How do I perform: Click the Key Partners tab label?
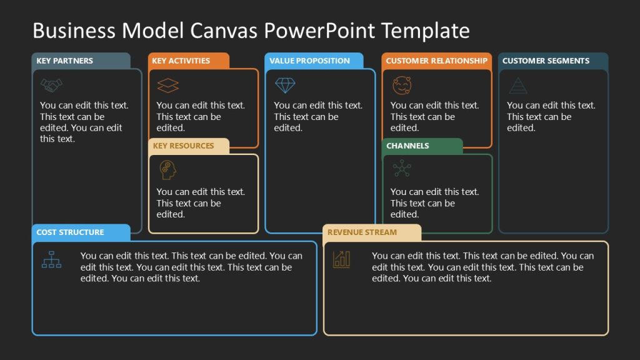point(65,61)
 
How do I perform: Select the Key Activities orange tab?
point(181,61)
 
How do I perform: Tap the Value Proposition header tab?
point(310,61)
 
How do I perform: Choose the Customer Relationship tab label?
point(436,61)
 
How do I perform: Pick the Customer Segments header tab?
point(546,61)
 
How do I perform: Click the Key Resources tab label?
point(183,146)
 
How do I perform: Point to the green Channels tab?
point(407,146)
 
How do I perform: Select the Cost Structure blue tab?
point(70,232)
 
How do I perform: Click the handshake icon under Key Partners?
point(51,84)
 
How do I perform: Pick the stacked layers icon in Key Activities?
point(167,85)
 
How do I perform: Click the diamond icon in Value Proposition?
point(285,85)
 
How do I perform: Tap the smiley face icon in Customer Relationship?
point(401,85)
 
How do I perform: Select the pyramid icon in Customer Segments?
point(517,85)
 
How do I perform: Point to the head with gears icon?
point(167,170)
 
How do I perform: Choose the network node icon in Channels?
point(401,169)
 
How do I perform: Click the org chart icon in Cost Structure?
point(51,258)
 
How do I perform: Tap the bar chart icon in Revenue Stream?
point(342,258)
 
